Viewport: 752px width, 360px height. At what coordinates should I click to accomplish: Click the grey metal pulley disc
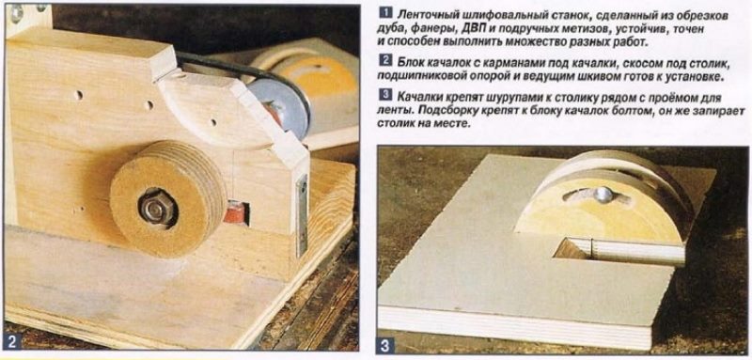click(x=277, y=108)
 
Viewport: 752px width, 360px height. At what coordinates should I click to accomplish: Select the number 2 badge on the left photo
click(x=13, y=342)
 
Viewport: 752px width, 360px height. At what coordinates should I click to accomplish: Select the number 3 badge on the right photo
click(x=386, y=344)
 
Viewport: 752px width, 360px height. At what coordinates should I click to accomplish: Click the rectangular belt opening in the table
click(x=619, y=249)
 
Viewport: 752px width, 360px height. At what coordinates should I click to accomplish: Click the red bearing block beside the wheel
click(x=236, y=212)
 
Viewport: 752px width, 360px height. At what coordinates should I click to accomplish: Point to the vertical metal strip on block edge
click(x=302, y=215)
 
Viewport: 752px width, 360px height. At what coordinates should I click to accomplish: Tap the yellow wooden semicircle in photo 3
click(x=600, y=206)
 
